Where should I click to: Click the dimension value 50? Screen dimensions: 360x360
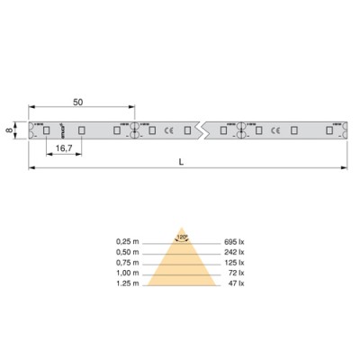click(x=78, y=103)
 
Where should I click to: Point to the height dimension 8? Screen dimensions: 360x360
click(x=8, y=130)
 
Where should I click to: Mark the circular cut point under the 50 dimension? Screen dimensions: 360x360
click(x=135, y=130)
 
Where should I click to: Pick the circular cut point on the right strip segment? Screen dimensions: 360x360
click(x=241, y=130)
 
